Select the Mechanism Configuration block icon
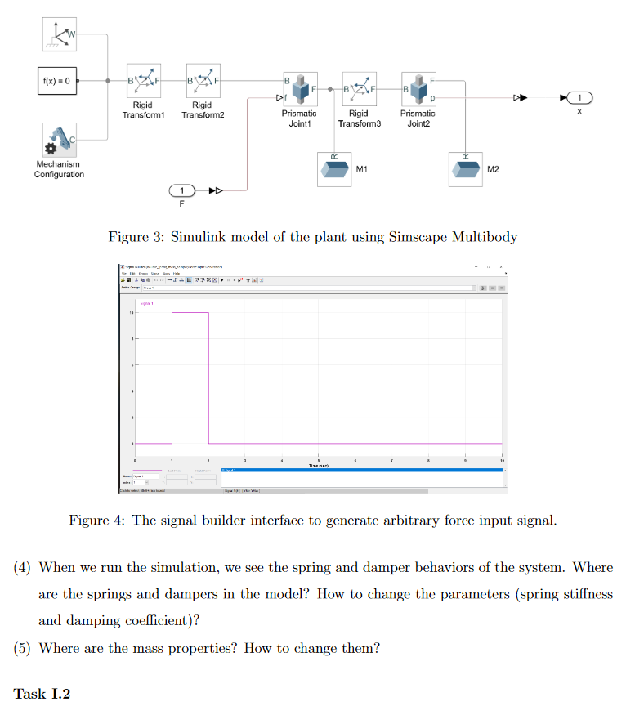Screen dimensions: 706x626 [59, 141]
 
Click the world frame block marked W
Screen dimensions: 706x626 [59, 33]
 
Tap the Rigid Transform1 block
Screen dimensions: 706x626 [143, 81]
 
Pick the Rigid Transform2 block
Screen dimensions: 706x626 [203, 81]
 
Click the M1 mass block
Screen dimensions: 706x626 [335, 169]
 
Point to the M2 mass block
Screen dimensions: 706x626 [467, 169]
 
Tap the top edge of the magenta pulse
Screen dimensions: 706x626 [190, 312]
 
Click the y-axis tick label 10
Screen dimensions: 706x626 [131, 313]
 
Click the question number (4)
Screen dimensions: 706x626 [23, 567]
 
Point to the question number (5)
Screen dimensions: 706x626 [23, 649]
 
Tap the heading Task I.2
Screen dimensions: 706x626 [42, 694]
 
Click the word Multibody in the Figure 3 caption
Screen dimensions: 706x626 [486, 237]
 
